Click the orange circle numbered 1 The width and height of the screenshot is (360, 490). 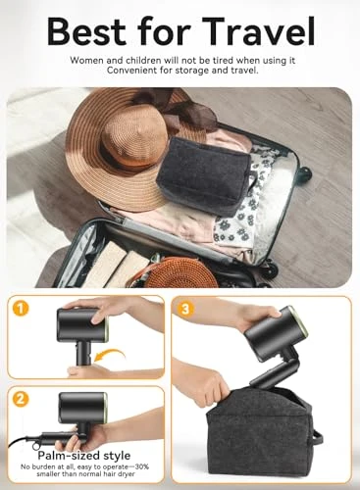tap(22, 310)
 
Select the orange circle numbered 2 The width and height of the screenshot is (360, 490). tap(22, 400)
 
